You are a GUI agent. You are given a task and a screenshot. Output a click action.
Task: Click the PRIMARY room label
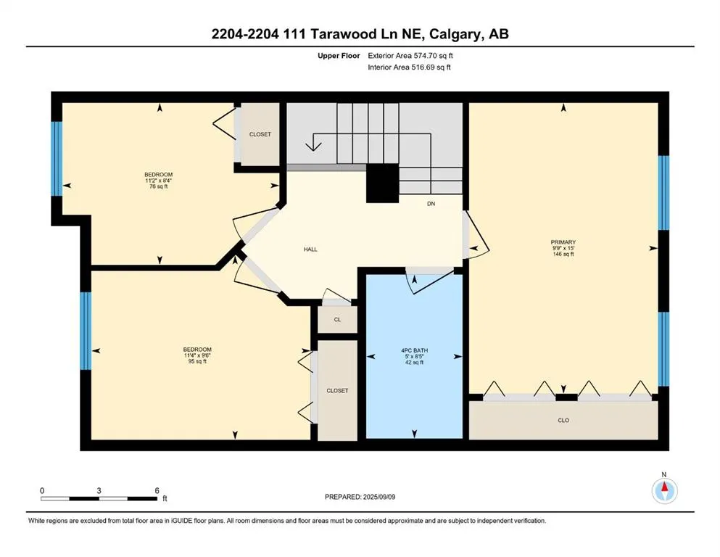point(563,242)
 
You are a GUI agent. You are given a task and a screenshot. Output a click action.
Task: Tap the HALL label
point(310,249)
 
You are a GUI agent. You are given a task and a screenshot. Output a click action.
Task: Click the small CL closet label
point(338,320)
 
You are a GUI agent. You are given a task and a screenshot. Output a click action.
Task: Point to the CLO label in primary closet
point(563,420)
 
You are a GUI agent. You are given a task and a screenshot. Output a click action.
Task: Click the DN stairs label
point(430,204)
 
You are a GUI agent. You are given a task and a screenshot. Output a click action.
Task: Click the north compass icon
point(663,491)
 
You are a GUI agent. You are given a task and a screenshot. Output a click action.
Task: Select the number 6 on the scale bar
point(157,490)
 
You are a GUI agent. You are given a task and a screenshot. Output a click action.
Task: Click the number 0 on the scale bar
point(42,490)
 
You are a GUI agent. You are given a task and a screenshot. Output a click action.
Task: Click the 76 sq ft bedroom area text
point(158,186)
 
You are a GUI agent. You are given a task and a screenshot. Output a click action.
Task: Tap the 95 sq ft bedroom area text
point(197,361)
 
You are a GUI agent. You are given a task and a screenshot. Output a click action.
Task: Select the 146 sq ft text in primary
point(563,255)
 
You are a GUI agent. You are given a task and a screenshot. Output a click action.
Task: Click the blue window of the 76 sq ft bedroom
point(56,158)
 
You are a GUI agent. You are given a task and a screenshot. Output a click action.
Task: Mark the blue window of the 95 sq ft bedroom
point(85,331)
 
